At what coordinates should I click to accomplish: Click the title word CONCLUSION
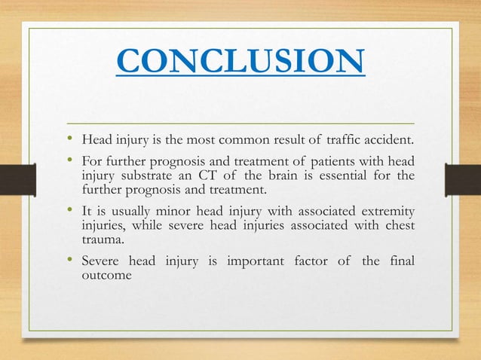click(240, 63)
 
